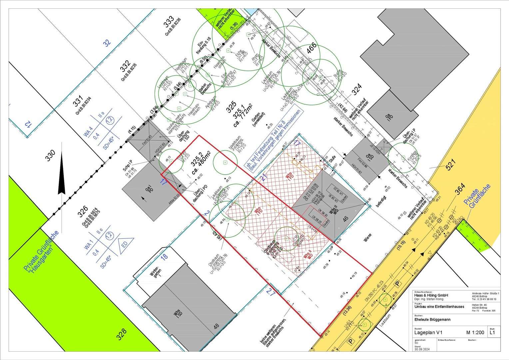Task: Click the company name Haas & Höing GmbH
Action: click(x=431, y=295)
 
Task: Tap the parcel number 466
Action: click(x=311, y=49)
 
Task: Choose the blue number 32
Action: click(x=107, y=43)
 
